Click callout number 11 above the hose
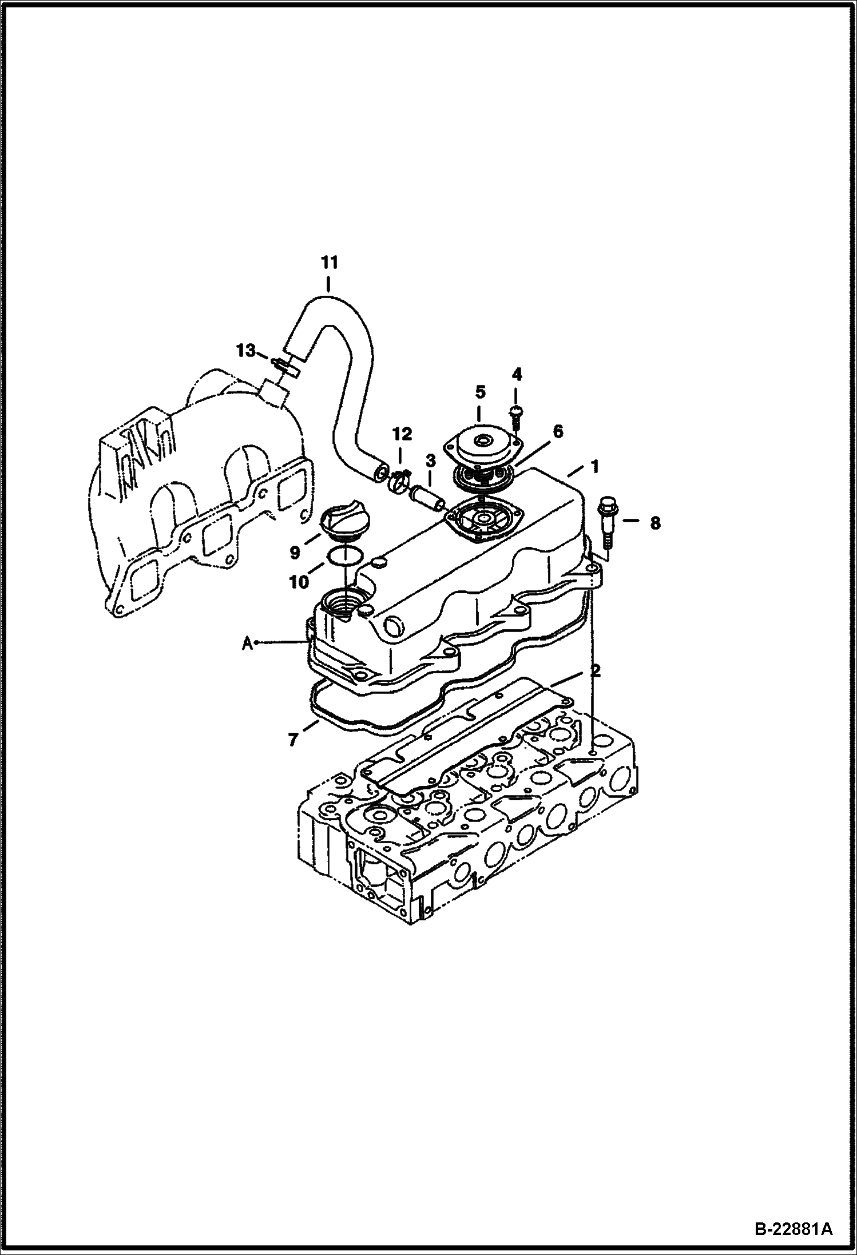pos(330,263)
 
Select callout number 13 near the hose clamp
pos(247,351)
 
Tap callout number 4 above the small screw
pos(517,375)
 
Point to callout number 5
pos(480,392)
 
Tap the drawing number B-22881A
pos(794,1225)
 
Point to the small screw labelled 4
pos(515,416)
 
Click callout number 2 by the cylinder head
pos(596,670)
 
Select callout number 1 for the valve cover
pos(594,467)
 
